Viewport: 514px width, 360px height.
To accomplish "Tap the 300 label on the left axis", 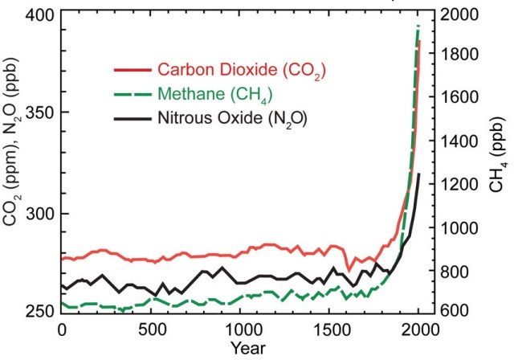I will [x=40, y=213].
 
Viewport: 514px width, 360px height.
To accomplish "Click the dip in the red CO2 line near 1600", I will [x=349, y=269].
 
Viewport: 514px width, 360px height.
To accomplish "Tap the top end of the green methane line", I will [x=418, y=27].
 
